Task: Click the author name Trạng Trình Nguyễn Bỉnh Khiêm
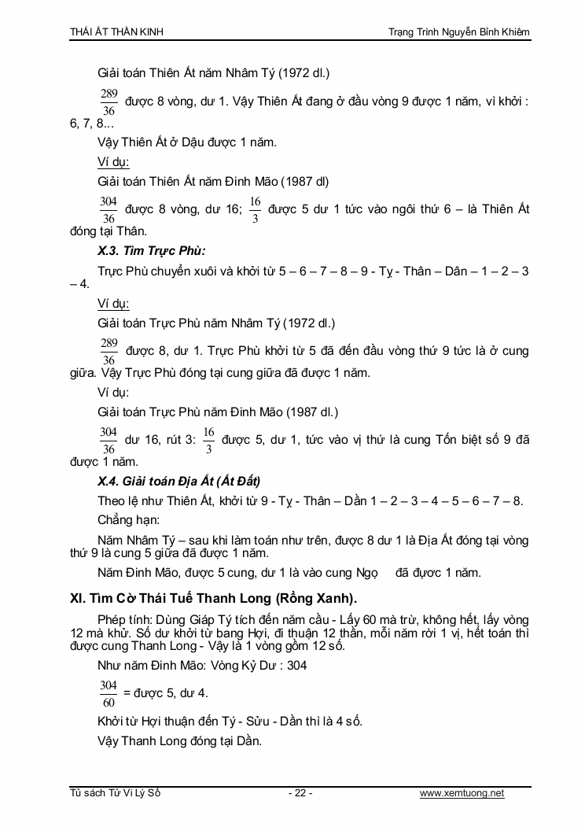(459, 31)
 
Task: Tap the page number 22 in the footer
(300, 793)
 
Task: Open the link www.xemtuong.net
(462, 793)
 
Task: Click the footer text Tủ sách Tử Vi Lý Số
(116, 793)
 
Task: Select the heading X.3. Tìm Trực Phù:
(151, 251)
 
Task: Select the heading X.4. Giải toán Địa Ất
(178, 481)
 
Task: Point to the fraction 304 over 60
(109, 693)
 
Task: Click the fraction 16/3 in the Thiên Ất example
(255, 210)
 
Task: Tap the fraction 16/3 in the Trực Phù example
(209, 441)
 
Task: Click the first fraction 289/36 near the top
(109, 102)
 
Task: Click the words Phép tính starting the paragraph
(124, 619)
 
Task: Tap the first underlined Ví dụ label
(113, 162)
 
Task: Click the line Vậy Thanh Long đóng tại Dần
(179, 740)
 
